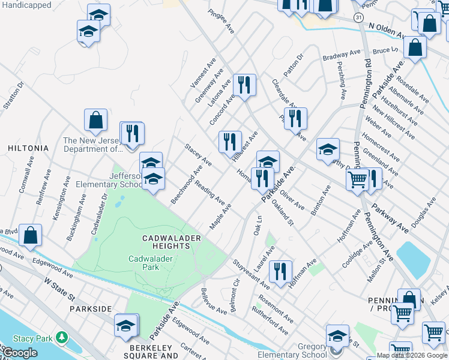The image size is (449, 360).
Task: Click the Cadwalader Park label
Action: [x=143, y=263]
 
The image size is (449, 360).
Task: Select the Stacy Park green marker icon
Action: [x=61, y=338]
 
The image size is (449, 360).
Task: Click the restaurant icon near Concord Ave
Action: [x=244, y=85]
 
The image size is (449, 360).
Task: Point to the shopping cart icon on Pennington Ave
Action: [x=358, y=179]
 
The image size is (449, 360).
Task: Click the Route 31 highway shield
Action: [x=358, y=19]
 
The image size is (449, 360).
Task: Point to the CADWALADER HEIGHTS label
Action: [x=170, y=242]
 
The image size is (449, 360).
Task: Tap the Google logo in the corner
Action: [x=19, y=353]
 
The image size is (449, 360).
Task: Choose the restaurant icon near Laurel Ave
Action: [x=280, y=271]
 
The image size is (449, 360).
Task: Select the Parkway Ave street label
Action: [x=390, y=217]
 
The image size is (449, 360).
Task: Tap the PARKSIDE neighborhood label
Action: [x=91, y=308]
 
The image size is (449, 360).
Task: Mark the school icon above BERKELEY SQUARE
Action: [x=125, y=325]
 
